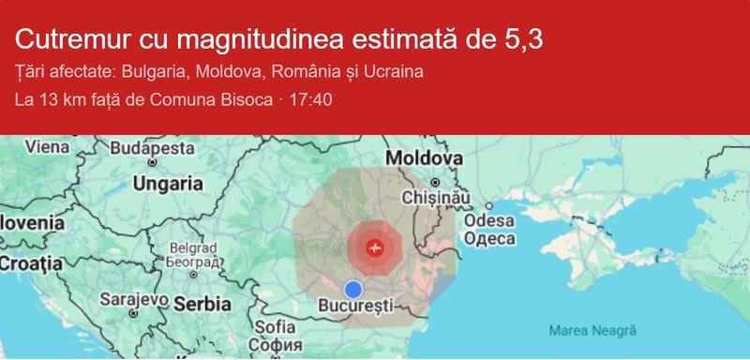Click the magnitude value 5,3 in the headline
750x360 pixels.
tap(524, 39)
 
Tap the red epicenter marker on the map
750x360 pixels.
tap(375, 248)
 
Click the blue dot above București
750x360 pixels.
tap(352, 289)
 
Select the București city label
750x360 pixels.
tap(354, 306)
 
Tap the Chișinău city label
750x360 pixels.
tap(433, 198)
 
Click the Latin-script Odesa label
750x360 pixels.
tap(489, 221)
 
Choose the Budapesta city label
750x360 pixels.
tap(152, 148)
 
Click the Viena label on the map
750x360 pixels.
tap(46, 146)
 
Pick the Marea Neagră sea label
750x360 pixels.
tap(592, 330)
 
